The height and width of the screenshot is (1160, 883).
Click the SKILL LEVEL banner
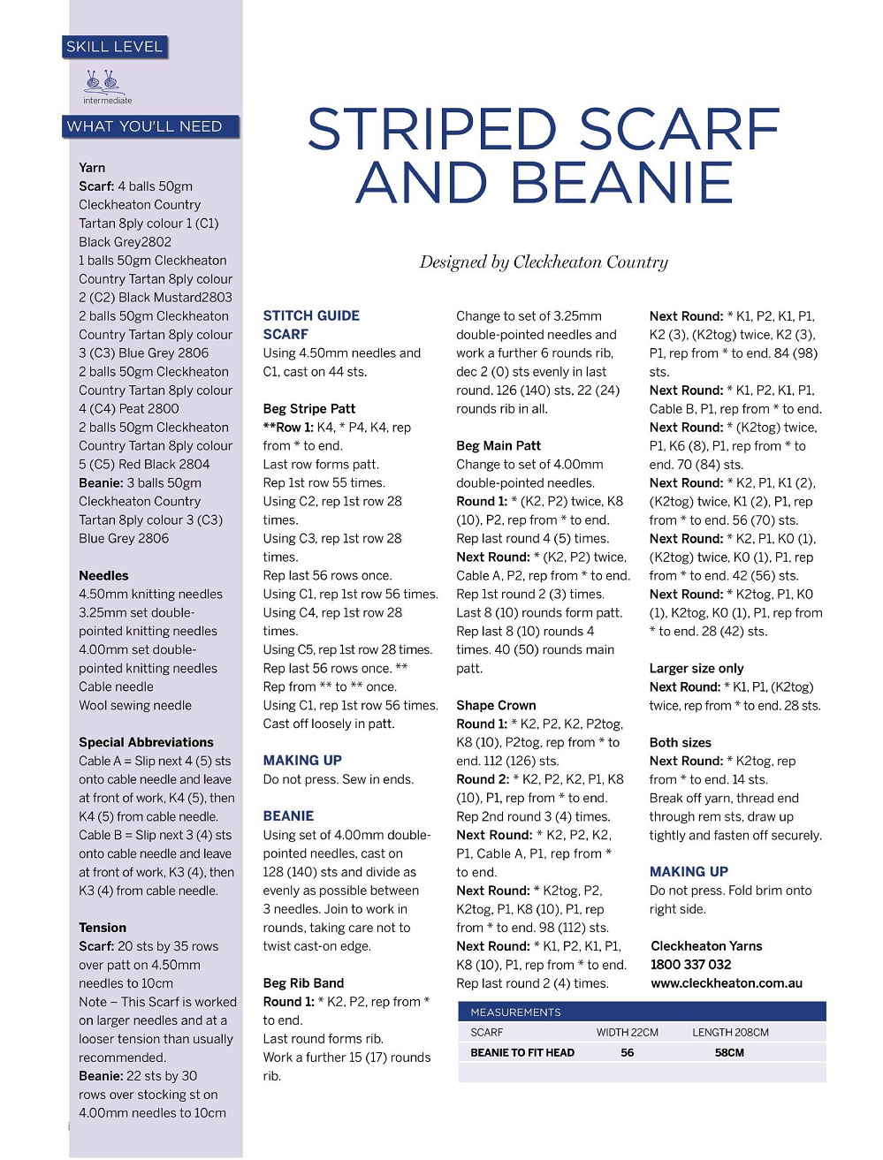115,47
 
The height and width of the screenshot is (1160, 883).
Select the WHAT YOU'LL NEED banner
145,126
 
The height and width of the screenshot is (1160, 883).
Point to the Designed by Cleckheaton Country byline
544,262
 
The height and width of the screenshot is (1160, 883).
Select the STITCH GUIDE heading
311,315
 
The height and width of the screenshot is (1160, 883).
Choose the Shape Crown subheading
496,705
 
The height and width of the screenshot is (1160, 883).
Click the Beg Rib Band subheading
303,982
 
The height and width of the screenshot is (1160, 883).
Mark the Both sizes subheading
680,742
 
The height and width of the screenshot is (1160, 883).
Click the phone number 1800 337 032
691,964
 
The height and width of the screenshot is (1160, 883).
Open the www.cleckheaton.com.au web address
727,982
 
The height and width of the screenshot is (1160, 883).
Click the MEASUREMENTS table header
516,1012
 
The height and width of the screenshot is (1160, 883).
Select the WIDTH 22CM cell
628,1032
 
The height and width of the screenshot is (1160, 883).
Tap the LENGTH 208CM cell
730,1032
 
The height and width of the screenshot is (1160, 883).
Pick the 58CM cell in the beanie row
729,1052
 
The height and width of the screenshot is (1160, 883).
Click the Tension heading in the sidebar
103,928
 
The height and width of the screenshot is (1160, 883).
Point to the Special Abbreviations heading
146,742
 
